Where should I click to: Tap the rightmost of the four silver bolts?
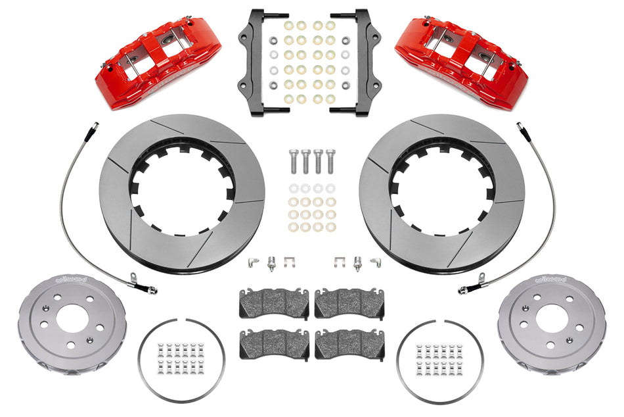tap(330, 161)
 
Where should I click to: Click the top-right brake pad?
tap(350, 303)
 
